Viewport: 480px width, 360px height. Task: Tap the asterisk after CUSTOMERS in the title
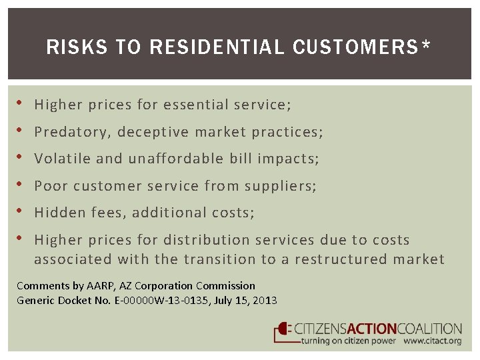point(425,45)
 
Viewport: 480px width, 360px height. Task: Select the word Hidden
point(55,213)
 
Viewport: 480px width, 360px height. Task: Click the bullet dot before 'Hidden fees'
point(21,211)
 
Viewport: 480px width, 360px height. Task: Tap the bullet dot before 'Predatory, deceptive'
point(21,131)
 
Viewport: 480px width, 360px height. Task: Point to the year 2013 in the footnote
point(265,300)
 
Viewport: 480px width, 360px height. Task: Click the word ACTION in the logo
point(369,329)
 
